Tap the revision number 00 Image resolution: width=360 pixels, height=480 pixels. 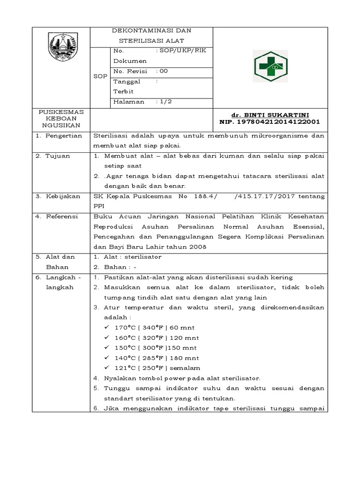(x=163, y=71)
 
